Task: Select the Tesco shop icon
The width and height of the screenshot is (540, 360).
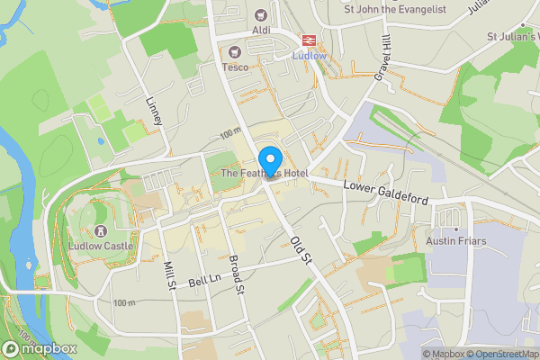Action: click(235, 51)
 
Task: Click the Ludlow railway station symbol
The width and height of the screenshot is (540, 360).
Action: click(308, 40)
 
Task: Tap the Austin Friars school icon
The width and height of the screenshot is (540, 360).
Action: click(448, 216)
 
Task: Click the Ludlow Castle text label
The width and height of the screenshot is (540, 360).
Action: click(101, 246)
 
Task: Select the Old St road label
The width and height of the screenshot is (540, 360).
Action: click(301, 249)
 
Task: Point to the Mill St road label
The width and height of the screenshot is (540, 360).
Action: click(169, 275)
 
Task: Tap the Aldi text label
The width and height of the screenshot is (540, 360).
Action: click(262, 30)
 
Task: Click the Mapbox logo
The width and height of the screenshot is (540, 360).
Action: click(38, 347)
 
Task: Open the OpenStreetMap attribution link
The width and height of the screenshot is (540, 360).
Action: click(502, 354)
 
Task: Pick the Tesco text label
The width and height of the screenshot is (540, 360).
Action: click(235, 67)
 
